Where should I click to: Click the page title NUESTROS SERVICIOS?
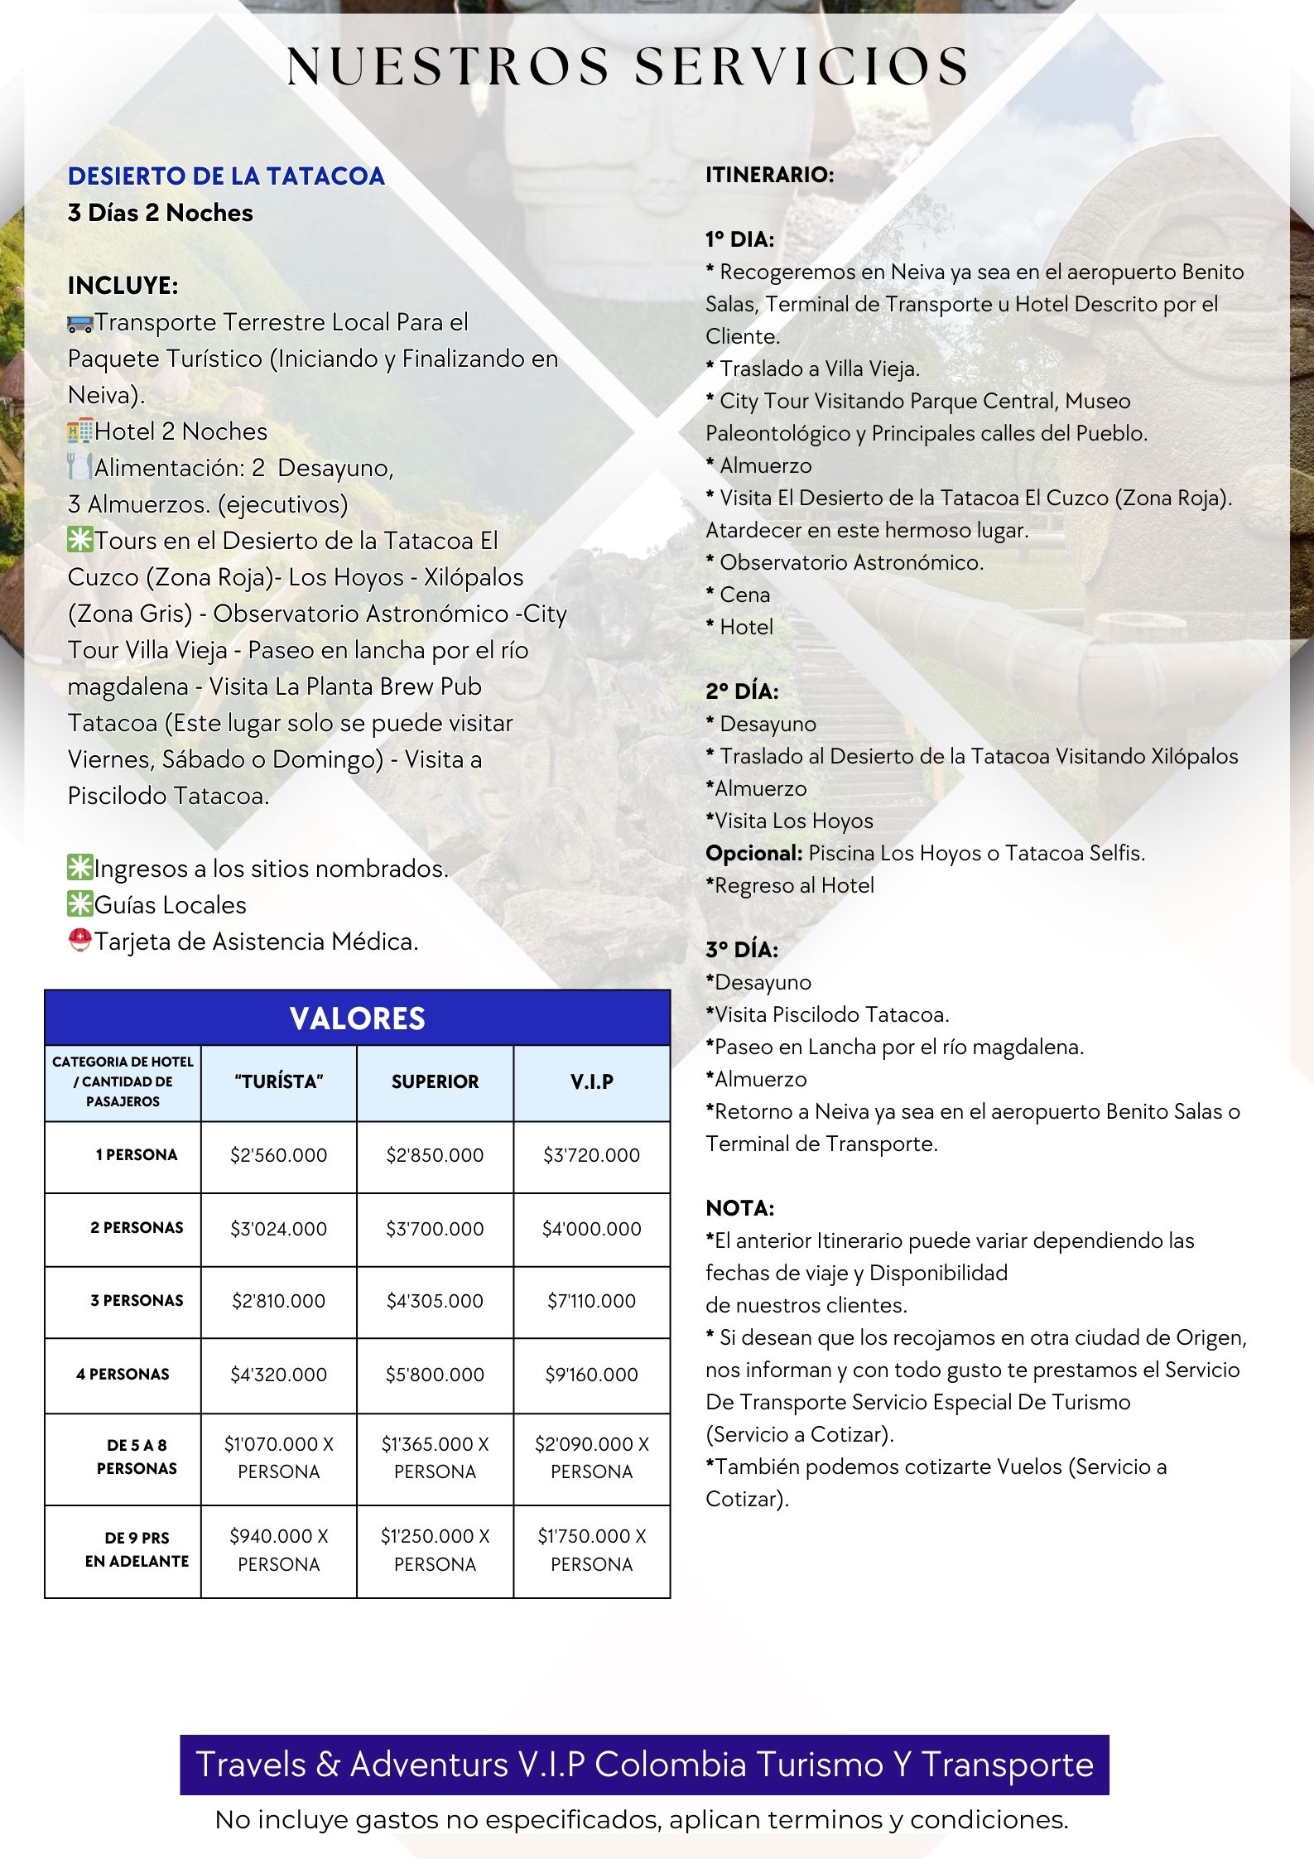click(627, 66)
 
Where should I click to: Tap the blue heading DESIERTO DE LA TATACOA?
click(226, 176)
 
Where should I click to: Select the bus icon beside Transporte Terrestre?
click(80, 324)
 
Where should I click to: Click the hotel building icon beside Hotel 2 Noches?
click(80, 431)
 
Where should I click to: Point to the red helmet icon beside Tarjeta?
click(80, 942)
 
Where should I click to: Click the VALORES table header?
click(357, 1018)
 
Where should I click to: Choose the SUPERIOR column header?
click(435, 1082)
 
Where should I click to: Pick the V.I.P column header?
click(591, 1082)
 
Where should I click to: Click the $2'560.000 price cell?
click(278, 1155)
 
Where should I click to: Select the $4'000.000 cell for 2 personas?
click(591, 1229)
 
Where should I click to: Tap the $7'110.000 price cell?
click(591, 1301)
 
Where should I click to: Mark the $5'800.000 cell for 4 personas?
click(435, 1375)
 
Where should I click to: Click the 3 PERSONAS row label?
click(137, 1301)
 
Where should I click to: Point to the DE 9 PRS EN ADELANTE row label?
click(137, 1549)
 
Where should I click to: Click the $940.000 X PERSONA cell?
click(278, 1549)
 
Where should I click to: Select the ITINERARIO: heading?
click(769, 175)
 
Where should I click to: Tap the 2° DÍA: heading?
click(741, 691)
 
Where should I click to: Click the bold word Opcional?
click(753, 853)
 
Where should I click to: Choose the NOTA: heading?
click(739, 1208)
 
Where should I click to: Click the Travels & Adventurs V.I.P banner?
click(644, 1765)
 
